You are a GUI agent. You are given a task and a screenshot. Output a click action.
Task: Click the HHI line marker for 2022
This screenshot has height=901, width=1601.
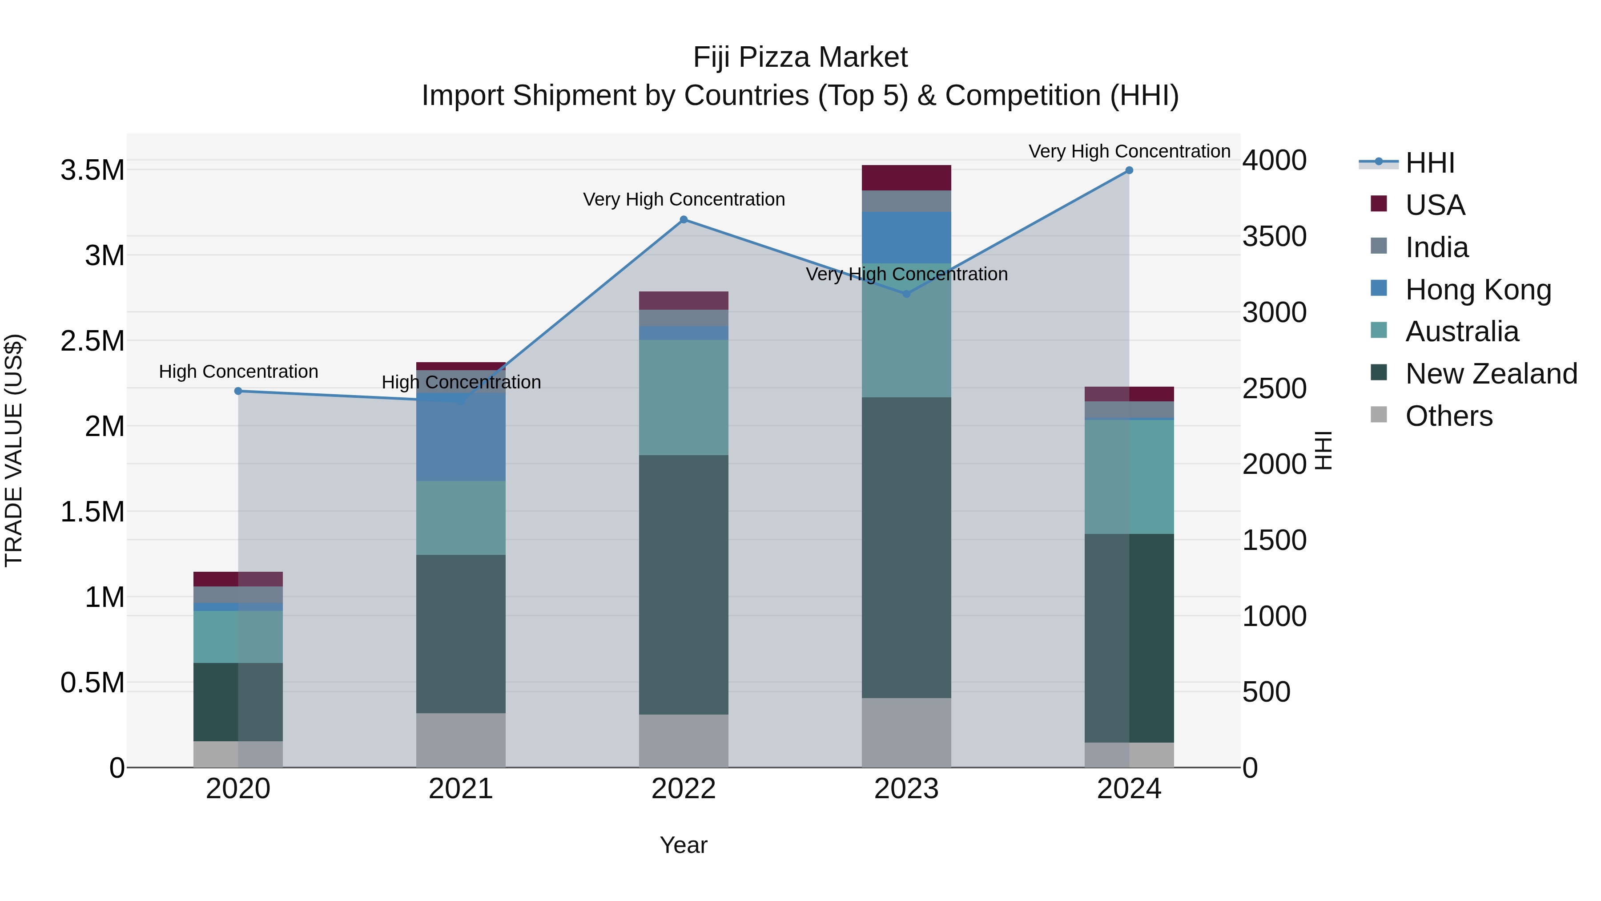point(684,219)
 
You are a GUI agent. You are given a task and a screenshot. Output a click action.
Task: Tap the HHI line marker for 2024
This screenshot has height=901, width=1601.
point(1129,170)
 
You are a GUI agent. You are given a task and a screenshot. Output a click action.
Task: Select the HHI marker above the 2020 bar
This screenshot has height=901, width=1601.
point(238,391)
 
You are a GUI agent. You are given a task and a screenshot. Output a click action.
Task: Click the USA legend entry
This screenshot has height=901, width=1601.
point(1434,205)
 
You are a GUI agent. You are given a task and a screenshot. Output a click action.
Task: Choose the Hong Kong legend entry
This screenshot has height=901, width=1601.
point(1477,290)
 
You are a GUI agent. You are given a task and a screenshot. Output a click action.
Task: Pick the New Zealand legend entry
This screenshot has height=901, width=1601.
point(1490,374)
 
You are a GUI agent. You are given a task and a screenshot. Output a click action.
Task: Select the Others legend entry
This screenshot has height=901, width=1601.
point(1448,416)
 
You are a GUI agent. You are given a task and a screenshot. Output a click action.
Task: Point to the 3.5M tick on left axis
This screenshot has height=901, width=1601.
point(93,170)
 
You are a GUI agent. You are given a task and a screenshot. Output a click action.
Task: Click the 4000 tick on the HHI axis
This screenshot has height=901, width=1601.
point(1274,161)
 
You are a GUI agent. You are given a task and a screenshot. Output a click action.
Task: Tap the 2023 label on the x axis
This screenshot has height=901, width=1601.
point(906,789)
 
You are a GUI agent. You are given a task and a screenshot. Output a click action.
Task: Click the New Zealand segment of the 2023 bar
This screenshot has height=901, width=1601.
point(906,547)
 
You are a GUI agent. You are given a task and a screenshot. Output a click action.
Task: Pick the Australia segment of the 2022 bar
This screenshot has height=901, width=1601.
point(684,398)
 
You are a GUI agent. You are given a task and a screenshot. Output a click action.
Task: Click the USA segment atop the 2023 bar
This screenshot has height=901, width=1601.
point(906,178)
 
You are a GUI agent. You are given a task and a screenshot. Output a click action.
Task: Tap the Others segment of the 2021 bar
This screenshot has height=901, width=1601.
point(461,740)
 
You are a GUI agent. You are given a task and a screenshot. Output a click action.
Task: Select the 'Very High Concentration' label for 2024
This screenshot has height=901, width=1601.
point(1129,151)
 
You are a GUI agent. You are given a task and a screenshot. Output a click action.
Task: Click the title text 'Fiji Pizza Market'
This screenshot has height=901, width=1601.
point(800,57)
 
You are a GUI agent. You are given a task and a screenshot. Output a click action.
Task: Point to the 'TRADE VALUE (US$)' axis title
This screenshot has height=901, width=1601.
point(14,450)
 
